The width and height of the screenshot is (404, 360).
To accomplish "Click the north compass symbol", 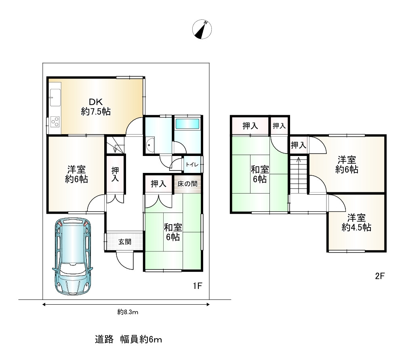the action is pos(202,29).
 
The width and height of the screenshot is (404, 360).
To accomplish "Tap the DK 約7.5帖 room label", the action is pos(96,107).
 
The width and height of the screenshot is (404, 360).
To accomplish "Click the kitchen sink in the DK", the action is pos(55,97).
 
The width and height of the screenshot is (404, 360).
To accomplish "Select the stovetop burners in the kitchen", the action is pos(55,122).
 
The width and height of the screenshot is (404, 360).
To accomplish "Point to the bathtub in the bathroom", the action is pos(187,124).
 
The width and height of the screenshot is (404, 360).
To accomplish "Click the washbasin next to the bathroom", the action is pos(150,145).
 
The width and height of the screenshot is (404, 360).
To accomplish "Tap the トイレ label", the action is pos(192,164).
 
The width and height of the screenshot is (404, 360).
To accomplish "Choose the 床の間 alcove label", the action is pos(187,184).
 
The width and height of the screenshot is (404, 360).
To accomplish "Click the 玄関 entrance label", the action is pos(125,242).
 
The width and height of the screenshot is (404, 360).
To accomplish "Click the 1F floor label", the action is pos(198,286).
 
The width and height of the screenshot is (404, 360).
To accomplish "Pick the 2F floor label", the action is pos(380,276).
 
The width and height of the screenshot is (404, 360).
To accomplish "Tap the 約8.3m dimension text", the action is pos(128,312).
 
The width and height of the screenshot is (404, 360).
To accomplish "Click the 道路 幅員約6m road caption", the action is pos(128,339).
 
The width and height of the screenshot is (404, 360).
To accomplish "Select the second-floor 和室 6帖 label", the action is pos(260,175).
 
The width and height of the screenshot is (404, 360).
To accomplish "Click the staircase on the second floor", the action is pos(299,175).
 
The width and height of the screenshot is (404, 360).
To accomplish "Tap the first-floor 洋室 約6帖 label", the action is pos(76,175).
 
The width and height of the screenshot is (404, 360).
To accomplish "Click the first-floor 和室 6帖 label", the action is pos(173,232).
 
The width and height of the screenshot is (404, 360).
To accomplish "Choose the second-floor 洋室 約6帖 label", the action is pos(347,165).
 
